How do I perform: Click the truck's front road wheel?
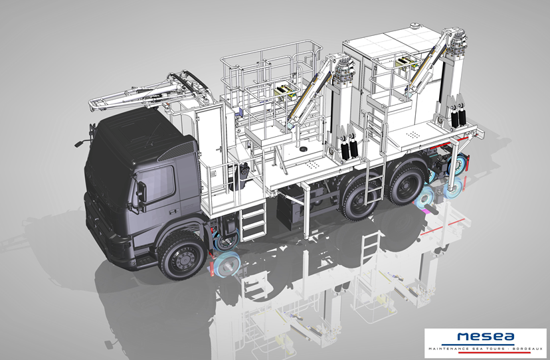(x=182, y=255)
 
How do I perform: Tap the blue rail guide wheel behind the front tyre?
(x=227, y=264)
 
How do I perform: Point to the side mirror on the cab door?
(x=141, y=192)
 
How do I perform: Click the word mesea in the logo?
(x=486, y=337)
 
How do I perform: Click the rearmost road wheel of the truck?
(x=407, y=184)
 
